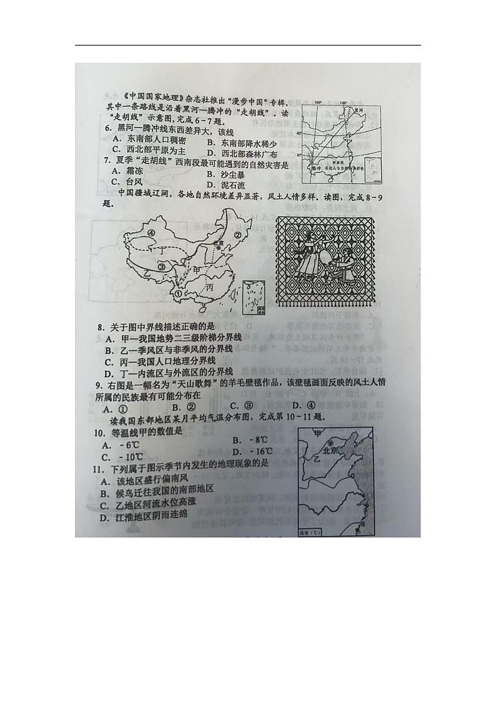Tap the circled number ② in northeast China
click(x=237, y=235)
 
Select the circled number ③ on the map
click(x=161, y=267)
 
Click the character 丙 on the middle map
click(x=209, y=287)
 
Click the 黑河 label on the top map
click(x=358, y=109)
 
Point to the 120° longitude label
click(x=342, y=102)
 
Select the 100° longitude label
click(x=317, y=102)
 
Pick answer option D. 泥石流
click(x=226, y=186)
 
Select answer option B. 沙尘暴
click(x=226, y=175)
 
